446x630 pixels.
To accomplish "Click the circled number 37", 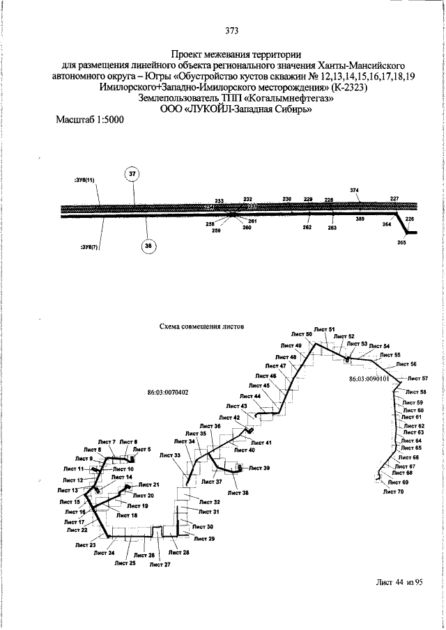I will tap(133, 174).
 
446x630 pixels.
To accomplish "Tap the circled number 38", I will tap(147, 245).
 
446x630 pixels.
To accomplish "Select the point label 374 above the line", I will tap(354, 189).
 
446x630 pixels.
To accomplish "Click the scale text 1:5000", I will tap(105, 120).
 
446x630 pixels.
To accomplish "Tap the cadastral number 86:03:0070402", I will tap(168, 392).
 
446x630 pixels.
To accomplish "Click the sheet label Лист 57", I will tap(415, 378).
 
